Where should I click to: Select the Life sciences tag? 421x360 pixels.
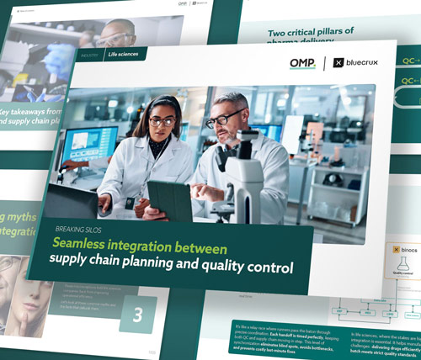124,55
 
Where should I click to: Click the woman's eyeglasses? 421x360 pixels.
161,121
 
